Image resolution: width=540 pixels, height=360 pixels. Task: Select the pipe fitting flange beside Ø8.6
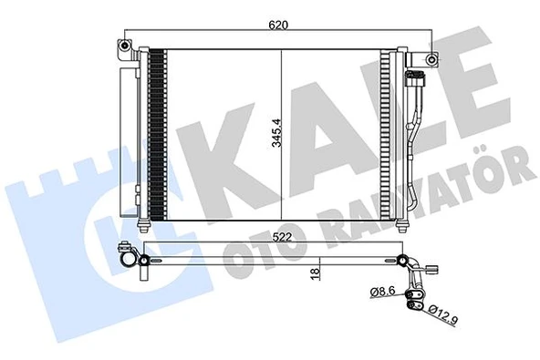(x=417, y=294)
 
